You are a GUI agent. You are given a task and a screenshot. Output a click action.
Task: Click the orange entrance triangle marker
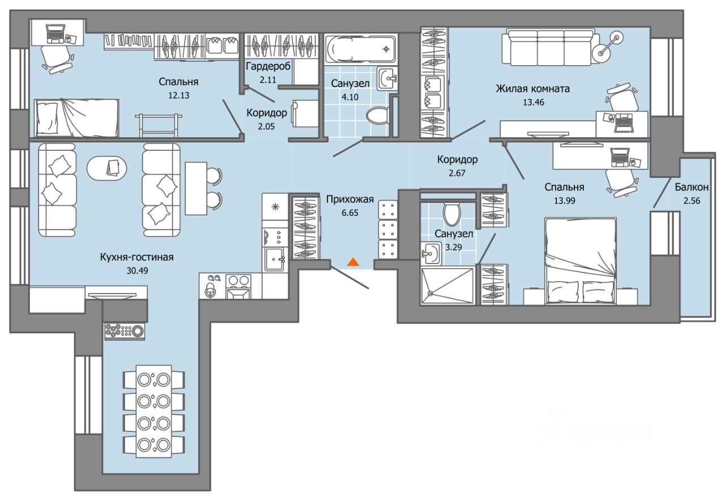pyautogui.click(x=353, y=262)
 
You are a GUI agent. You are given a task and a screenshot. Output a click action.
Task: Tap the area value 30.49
pyautogui.click(x=137, y=270)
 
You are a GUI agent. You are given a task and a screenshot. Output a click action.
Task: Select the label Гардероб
pyautogui.click(x=268, y=66)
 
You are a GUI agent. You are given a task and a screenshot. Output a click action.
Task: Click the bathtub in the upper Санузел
pyautogui.click(x=361, y=49)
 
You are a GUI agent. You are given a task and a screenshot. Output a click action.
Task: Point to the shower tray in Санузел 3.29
pyautogui.click(x=447, y=286)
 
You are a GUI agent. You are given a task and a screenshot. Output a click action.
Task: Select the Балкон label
pyautogui.click(x=692, y=187)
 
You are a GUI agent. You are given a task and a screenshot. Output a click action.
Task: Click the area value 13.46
pyautogui.click(x=534, y=103)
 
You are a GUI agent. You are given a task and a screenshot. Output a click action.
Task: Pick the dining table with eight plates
pyautogui.click(x=153, y=411)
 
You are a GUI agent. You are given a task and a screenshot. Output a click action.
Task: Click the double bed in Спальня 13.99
pyautogui.click(x=581, y=261)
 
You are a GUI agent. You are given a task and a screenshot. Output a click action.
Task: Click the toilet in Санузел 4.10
pyautogui.click(x=377, y=115)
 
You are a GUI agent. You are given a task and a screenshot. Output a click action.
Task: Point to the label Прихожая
pyautogui.click(x=350, y=199)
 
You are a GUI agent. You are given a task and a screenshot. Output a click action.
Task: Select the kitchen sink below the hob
pyautogui.click(x=275, y=259)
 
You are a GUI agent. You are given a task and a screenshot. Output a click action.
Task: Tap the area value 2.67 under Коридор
pyautogui.click(x=457, y=173)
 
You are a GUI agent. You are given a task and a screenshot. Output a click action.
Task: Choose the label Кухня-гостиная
pyautogui.click(x=137, y=257)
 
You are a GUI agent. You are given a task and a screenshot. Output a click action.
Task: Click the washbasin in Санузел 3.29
pyautogui.click(x=431, y=253)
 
